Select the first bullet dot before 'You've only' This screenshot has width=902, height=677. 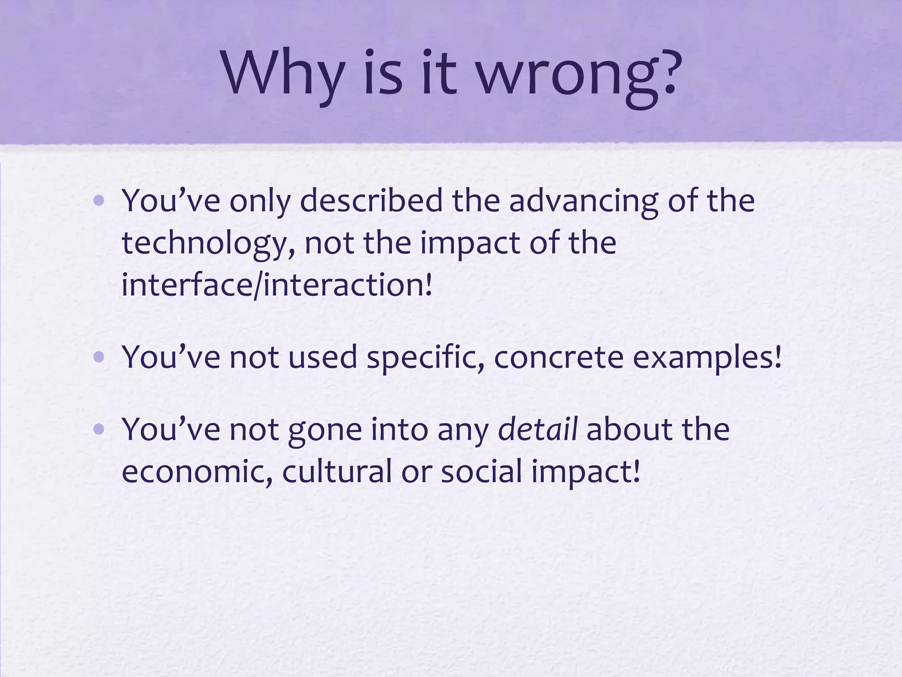click(99, 201)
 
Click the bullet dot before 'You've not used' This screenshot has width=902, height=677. click(99, 357)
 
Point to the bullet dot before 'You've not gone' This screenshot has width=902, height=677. click(99, 429)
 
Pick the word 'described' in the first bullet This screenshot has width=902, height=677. click(372, 201)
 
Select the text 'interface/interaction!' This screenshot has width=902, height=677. click(277, 285)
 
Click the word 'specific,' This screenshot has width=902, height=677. click(425, 357)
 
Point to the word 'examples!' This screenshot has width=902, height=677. click(707, 357)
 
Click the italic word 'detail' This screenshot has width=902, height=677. click(537, 429)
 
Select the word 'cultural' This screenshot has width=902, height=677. click(337, 471)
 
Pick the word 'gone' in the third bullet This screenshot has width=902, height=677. click(325, 430)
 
